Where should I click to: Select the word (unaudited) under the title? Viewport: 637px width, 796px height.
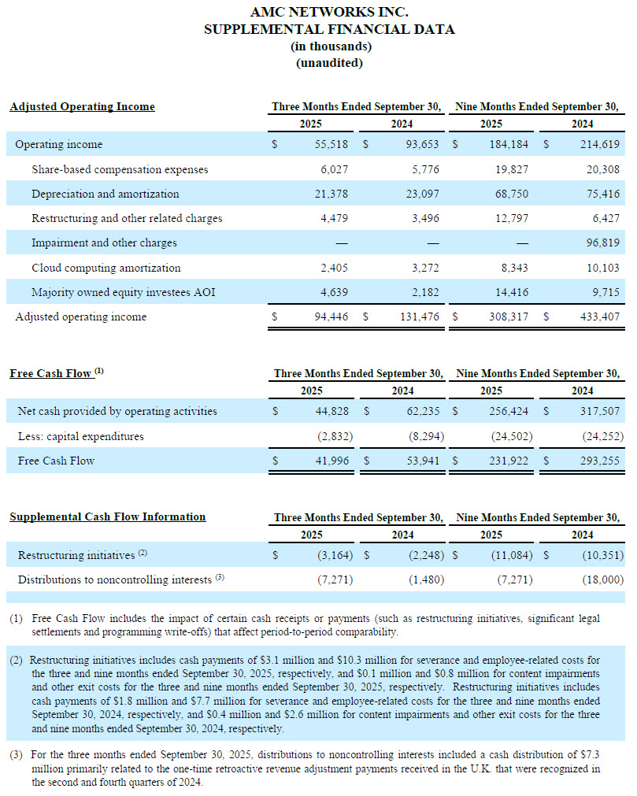(x=329, y=63)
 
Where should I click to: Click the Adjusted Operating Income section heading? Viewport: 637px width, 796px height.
(x=82, y=106)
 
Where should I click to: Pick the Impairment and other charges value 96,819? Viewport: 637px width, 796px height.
(x=603, y=243)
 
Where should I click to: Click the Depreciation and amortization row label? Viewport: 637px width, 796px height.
(x=105, y=194)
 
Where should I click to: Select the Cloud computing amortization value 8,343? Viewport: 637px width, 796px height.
(x=513, y=268)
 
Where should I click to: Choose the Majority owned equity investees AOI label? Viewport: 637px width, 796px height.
(x=123, y=292)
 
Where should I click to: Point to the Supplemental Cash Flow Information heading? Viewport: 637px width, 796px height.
(x=107, y=516)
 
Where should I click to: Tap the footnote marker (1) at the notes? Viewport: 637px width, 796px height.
(x=17, y=619)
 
